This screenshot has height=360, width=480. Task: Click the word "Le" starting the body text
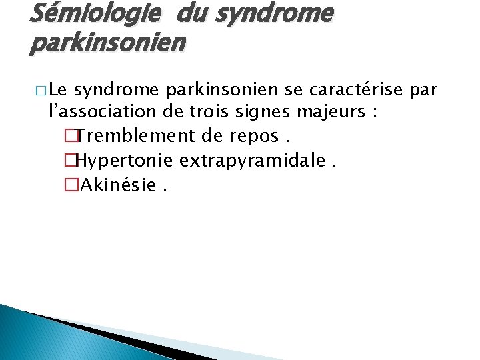(x=58, y=89)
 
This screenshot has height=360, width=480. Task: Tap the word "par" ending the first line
(x=423, y=90)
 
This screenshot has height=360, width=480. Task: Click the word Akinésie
(x=118, y=183)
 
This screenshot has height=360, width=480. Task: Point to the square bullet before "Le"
(x=41, y=90)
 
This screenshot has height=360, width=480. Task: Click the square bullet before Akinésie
(x=72, y=184)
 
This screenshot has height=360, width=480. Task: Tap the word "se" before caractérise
(x=314, y=90)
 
